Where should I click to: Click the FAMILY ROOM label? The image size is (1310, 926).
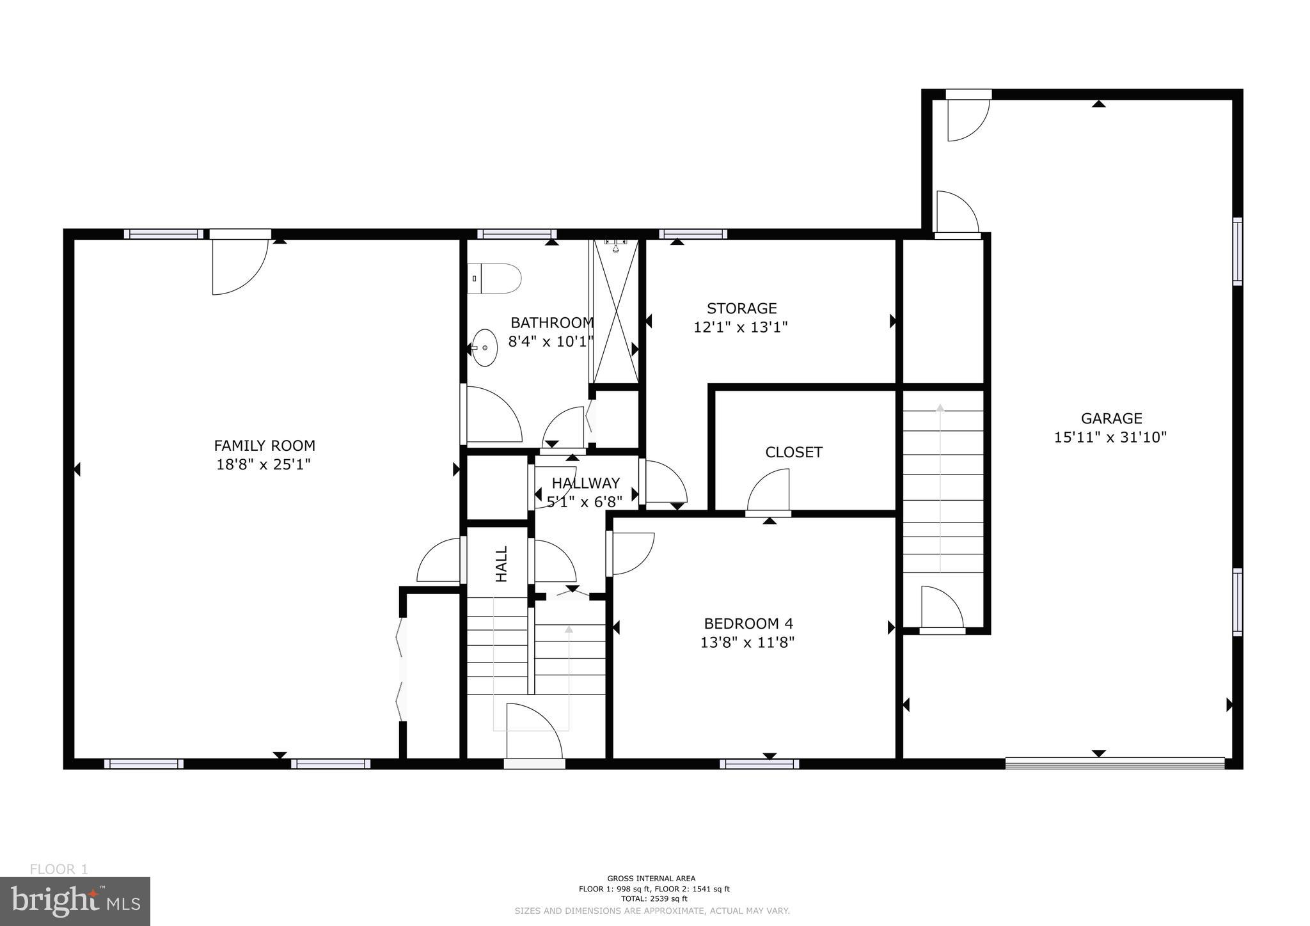coord(264,446)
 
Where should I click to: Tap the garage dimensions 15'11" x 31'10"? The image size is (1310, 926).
coord(1110,437)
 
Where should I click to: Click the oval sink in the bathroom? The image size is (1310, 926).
coord(485,347)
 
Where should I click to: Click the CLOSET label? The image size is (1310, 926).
coord(793,452)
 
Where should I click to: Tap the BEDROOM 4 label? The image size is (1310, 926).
coord(748,623)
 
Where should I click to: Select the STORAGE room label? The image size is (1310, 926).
coord(741,308)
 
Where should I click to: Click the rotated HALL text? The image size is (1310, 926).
coord(501,563)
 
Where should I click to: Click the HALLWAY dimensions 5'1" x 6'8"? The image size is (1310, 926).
coord(585,502)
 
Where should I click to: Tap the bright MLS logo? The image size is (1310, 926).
coord(75,901)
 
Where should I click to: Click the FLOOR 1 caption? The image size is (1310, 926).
coord(59,869)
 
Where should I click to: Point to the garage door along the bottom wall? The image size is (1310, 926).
coord(1114,762)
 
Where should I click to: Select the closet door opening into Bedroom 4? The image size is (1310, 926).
coord(769,491)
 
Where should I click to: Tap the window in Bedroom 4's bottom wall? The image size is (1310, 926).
coord(759,763)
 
